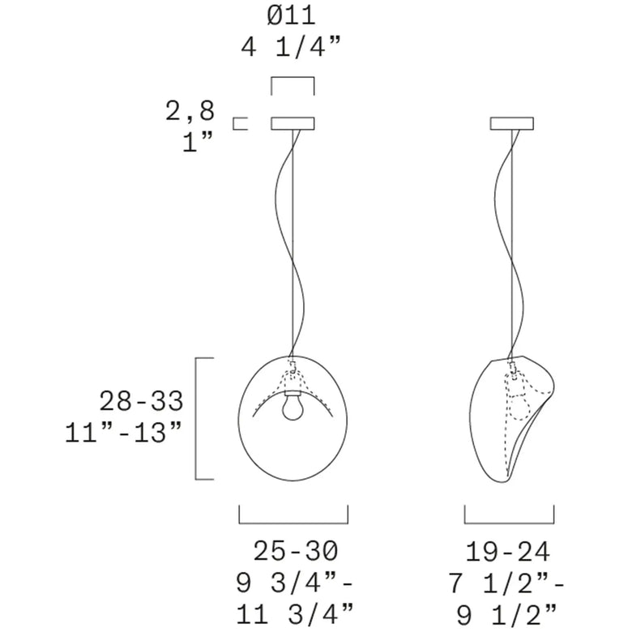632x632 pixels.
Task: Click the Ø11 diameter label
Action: pos(291,16)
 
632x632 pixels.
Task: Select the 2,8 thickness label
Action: pos(190,111)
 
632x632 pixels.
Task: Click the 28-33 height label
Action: pos(141,401)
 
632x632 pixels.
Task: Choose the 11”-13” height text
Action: pos(122,432)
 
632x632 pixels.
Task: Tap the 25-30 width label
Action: pos(296,551)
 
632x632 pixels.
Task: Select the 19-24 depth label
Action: pos(508,552)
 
